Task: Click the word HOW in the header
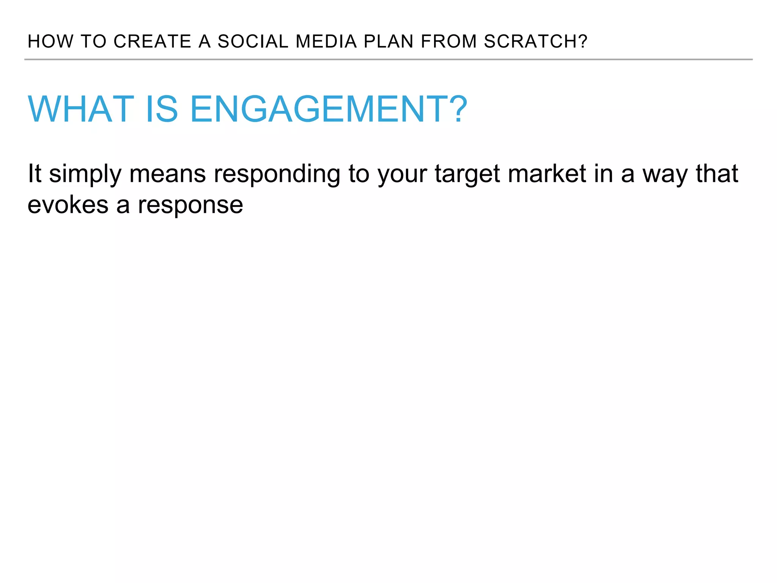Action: point(50,41)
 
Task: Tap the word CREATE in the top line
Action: point(152,41)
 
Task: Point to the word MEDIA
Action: point(326,41)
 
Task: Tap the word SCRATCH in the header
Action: point(531,41)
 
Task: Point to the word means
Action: point(167,174)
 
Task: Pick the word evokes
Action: point(68,205)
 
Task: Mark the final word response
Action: point(190,206)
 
